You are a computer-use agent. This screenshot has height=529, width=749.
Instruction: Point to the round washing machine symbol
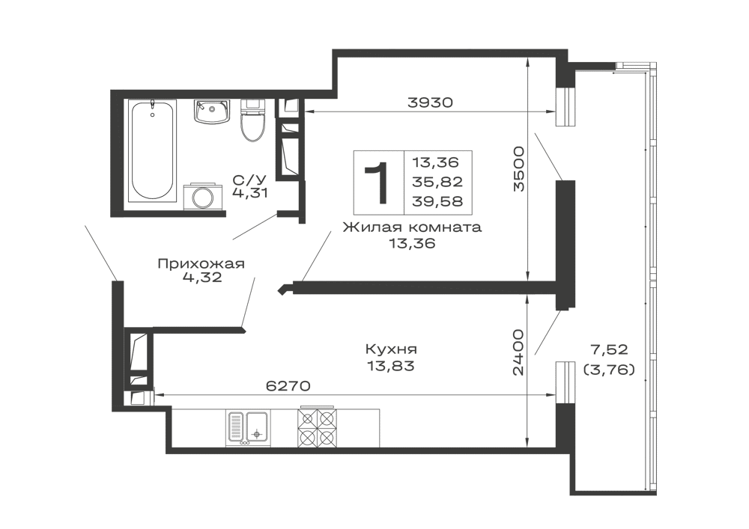[x=204, y=195]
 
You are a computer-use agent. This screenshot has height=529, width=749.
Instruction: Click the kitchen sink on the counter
[x=247, y=428]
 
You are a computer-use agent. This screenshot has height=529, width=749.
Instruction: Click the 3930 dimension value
[x=429, y=102]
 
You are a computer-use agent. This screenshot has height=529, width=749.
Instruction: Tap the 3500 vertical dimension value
[x=518, y=169]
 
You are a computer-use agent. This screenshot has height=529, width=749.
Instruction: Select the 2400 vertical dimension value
[x=518, y=352]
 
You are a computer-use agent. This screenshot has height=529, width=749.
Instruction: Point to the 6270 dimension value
[x=288, y=386]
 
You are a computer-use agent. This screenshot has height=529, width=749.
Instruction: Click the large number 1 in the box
[x=377, y=183]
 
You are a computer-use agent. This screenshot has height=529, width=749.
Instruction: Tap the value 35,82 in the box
[x=438, y=183]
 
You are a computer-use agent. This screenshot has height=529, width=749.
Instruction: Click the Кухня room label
[x=391, y=349]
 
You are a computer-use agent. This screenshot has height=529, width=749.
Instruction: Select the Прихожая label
[x=201, y=264]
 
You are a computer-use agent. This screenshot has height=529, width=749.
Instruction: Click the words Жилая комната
[x=412, y=227]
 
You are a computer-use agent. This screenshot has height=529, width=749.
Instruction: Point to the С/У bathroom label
[x=249, y=180]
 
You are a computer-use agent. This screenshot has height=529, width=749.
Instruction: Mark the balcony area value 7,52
[x=609, y=349]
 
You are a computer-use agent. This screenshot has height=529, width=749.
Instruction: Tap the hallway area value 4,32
[x=202, y=277]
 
